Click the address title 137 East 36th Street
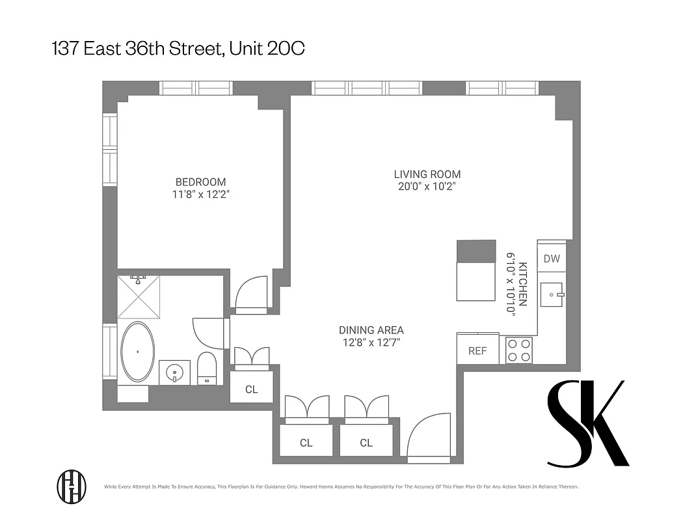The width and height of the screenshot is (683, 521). (178, 49)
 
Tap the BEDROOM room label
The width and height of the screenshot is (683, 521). (200, 182)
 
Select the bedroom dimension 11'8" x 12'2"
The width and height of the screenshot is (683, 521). (200, 194)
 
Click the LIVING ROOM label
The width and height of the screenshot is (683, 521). (427, 174)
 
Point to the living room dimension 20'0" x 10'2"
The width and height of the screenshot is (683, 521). (427, 186)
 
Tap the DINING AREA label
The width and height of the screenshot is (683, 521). (371, 330)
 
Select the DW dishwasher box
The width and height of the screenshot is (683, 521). (551, 259)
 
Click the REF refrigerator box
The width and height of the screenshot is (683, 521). (477, 350)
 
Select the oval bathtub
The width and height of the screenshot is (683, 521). (138, 352)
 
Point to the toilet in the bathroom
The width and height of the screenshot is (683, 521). (206, 369)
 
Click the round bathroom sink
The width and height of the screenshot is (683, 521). (174, 373)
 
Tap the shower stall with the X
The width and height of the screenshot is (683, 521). (139, 296)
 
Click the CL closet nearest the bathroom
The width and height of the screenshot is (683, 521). (251, 389)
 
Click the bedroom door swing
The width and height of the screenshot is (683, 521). (251, 292)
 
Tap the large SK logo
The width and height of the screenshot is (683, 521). (587, 423)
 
